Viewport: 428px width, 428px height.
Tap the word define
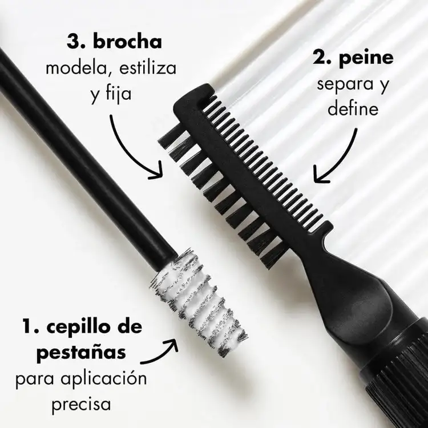click(353, 108)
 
